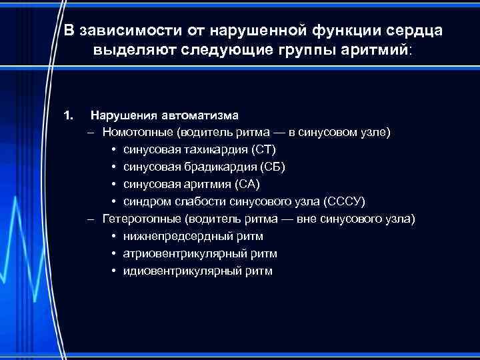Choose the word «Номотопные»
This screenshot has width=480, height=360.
tap(137, 132)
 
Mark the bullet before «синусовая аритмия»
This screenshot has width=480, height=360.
tap(114, 184)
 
